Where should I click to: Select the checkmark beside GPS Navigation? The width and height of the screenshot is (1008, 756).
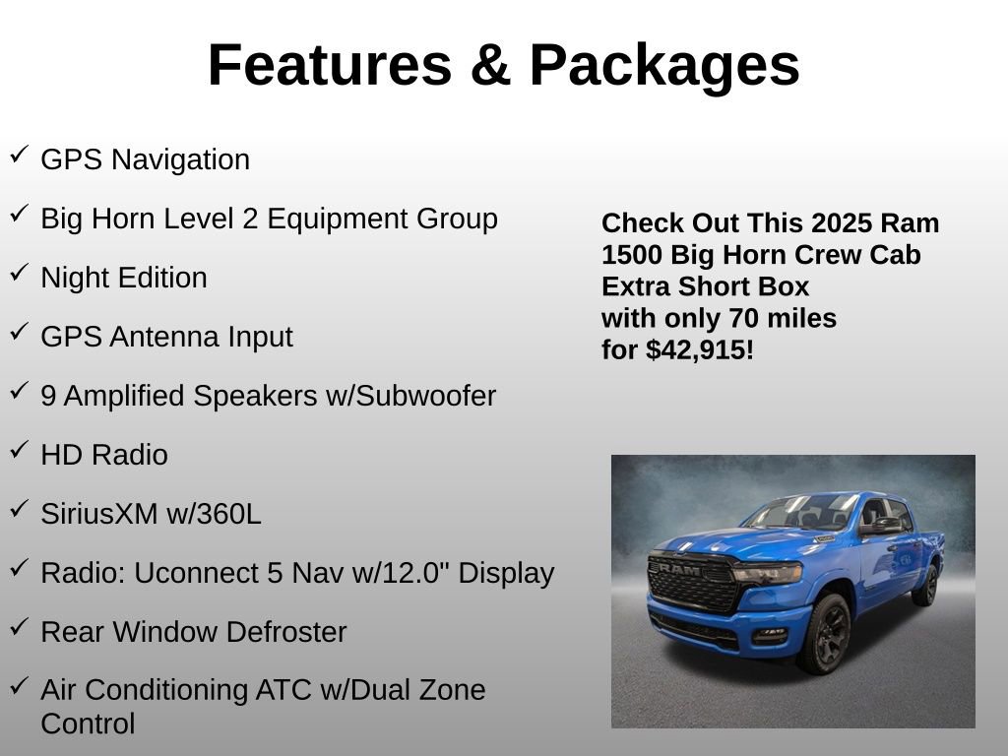19,154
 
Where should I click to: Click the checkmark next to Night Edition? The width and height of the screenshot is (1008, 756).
19,272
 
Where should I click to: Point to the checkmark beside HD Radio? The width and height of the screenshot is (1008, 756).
19,449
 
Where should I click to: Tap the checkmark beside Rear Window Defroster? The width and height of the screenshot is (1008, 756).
19,626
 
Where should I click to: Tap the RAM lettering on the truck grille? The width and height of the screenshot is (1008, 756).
678,568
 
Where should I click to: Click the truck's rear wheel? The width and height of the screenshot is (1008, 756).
925,585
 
